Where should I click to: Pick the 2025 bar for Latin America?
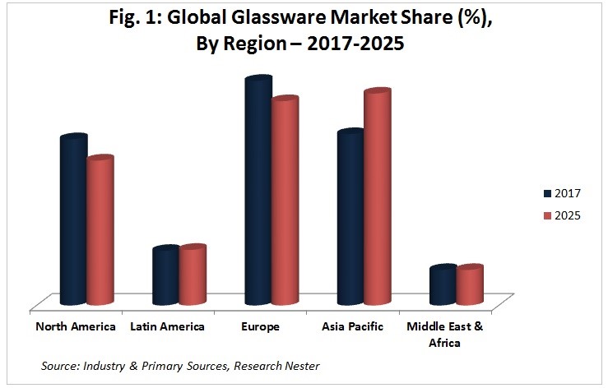[193, 275]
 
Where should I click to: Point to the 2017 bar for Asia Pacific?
[350, 219]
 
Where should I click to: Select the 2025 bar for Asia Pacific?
[378, 198]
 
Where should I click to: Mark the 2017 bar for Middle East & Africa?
[443, 286]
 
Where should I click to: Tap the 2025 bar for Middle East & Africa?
[469, 286]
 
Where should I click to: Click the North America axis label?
[76, 327]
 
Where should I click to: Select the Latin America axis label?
[167, 327]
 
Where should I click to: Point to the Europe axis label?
[262, 327]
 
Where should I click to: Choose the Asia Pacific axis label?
[354, 327]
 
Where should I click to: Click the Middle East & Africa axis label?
[445, 335]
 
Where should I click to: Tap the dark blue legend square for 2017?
[547, 194]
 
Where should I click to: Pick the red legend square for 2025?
[547, 216]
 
